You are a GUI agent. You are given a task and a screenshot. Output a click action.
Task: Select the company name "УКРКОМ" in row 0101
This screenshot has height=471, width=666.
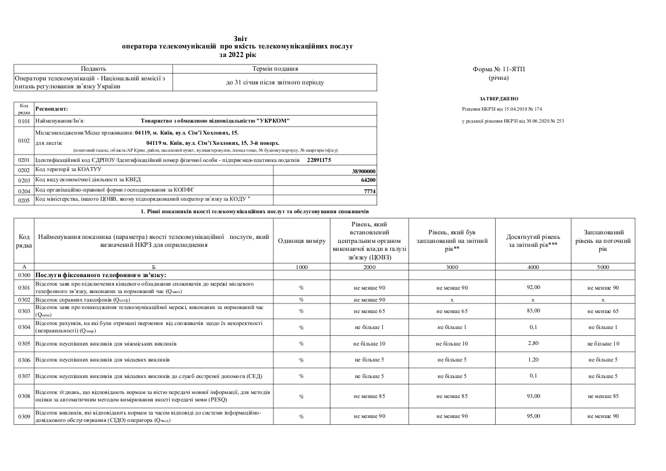273,120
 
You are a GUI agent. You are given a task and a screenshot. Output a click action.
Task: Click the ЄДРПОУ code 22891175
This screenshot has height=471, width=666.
318,161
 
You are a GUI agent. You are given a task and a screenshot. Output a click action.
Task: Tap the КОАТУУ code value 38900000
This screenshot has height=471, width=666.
365,170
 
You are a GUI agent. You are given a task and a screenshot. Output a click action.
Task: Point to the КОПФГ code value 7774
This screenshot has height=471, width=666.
370,190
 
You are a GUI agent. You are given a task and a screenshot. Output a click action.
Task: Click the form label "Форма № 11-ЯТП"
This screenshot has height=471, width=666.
499,69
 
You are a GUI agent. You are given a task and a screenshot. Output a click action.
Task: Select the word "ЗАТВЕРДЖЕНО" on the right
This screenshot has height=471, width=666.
499,99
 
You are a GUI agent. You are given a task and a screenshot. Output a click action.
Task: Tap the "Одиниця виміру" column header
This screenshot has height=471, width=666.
301,241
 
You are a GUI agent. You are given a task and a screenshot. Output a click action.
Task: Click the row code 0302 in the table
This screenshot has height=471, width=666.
23,299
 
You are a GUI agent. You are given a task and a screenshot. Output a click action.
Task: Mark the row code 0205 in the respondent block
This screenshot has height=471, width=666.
23,200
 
